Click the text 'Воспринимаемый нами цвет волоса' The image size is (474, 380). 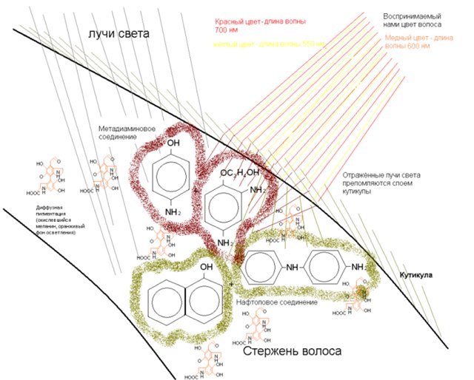412,20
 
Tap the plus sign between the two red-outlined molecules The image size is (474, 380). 196,190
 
